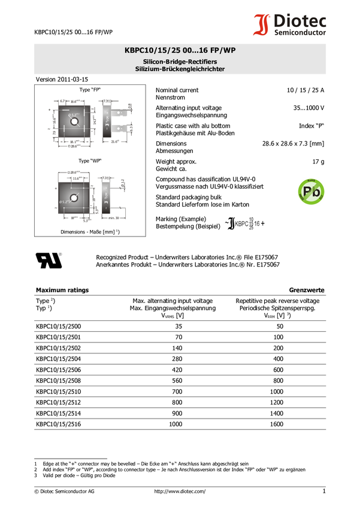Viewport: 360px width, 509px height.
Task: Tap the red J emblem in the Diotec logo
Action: [x=261, y=25]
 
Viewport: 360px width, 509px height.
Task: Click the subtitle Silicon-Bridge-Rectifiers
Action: [x=180, y=62]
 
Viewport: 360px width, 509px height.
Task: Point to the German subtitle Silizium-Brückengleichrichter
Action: [x=180, y=69]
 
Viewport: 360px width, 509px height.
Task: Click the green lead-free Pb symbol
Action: [x=311, y=192]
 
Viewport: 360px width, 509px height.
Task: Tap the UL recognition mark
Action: [x=49, y=260]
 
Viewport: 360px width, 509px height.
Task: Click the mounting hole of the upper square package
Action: [x=74, y=122]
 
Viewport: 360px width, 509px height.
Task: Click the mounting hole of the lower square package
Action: [x=74, y=198]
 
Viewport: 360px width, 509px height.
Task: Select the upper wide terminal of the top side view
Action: [x=121, y=112]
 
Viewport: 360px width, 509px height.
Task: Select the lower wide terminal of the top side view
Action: [x=121, y=128]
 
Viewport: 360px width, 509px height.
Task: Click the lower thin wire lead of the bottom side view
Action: [x=120, y=207]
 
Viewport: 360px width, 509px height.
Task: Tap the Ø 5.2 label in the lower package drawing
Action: [x=65, y=202]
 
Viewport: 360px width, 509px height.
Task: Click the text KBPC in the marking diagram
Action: [x=241, y=224]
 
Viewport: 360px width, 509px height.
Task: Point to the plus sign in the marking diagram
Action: [x=263, y=224]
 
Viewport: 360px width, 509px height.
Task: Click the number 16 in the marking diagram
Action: [x=257, y=224]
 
